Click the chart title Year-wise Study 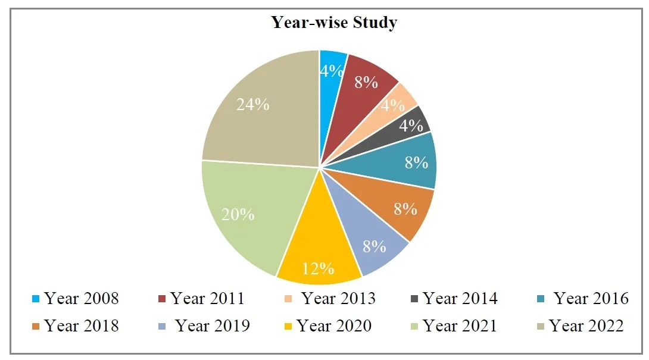334,23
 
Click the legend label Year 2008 82,298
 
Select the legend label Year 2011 207,298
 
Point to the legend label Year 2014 460,298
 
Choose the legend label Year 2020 334,325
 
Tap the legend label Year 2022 586,325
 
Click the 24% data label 252,105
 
